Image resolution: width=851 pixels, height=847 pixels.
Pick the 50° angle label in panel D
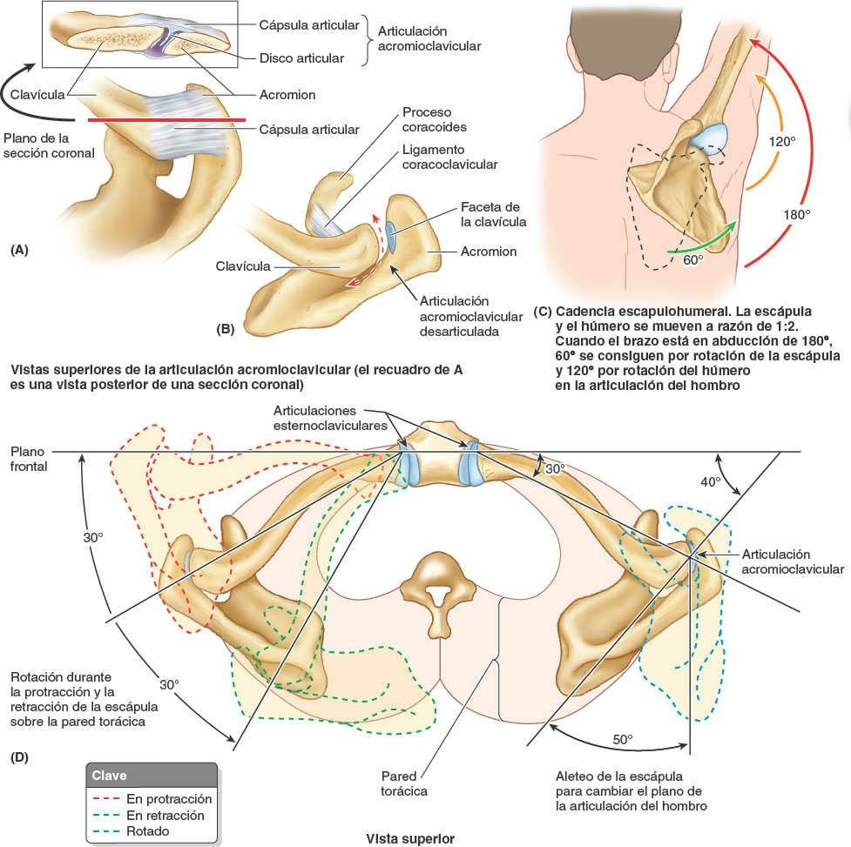[x=621, y=740]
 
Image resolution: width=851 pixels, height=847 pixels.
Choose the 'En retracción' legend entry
[x=165, y=816]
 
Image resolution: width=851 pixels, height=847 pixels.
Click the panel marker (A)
[x=19, y=250]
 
